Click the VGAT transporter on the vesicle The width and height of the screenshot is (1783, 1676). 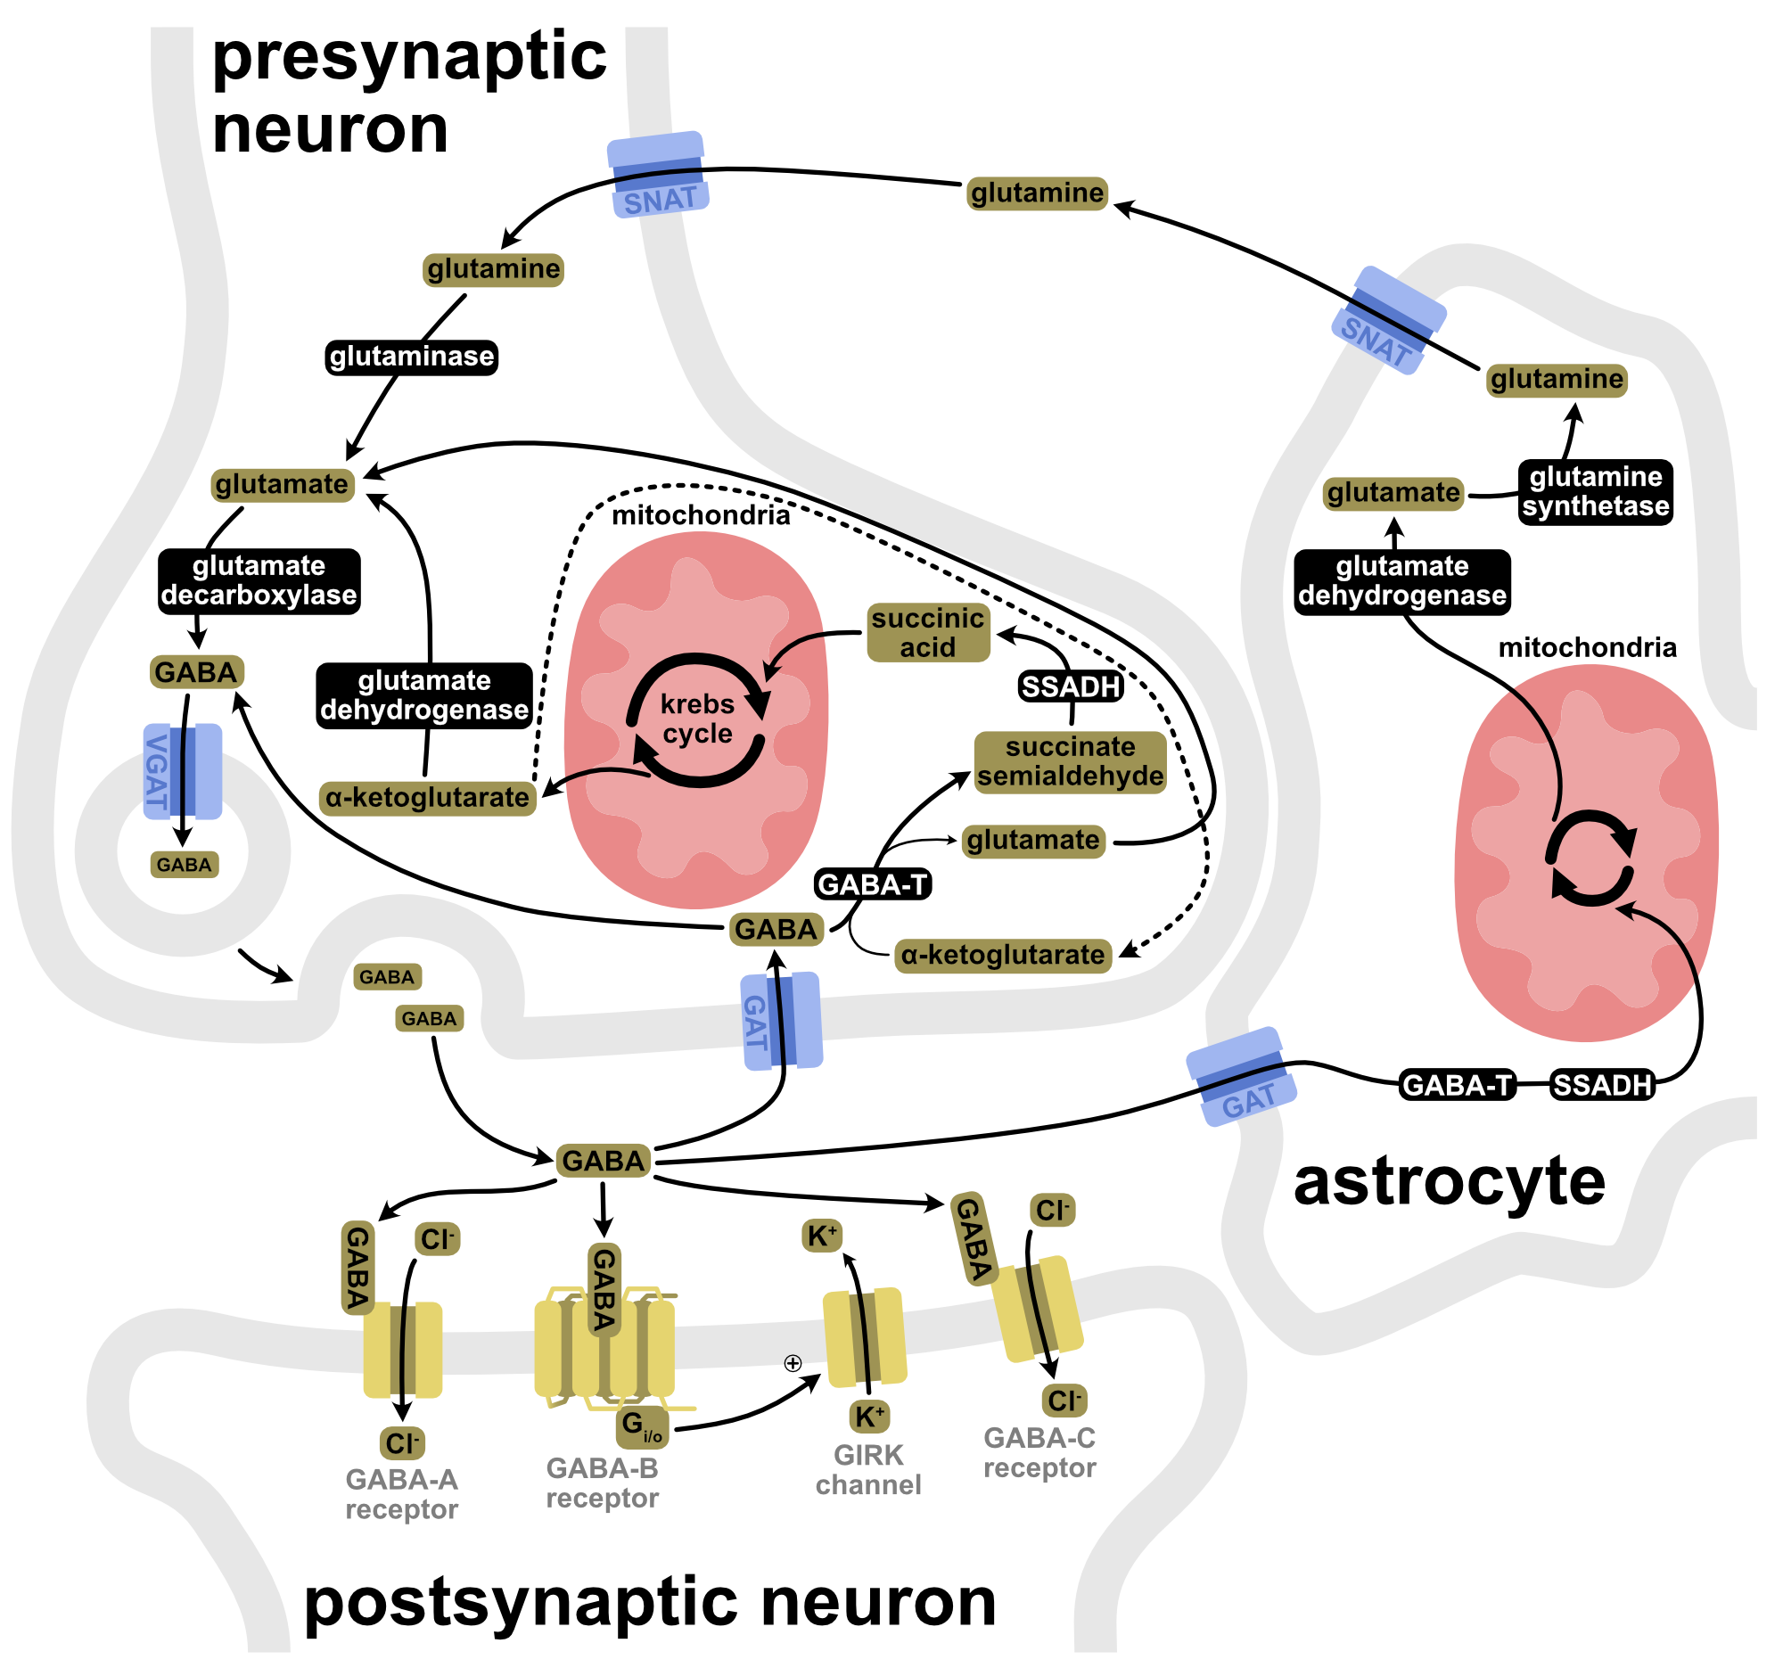183,771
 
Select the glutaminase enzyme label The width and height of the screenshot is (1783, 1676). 412,356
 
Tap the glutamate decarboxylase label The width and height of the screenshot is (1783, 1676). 259,580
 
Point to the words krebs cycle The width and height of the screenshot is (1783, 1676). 697,719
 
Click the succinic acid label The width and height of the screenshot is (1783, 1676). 928,632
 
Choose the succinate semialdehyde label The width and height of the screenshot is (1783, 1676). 1070,761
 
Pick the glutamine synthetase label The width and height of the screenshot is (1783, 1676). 1596,490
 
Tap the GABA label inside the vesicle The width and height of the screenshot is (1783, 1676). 184,865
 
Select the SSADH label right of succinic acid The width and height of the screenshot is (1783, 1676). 1071,687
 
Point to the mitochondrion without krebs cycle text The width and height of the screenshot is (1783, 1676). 1586,852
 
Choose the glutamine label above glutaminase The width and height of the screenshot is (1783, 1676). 493,269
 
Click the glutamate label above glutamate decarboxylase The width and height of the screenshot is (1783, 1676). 283,484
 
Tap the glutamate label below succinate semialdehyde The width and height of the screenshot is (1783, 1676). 1033,841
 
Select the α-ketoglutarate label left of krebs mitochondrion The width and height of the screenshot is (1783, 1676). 427,797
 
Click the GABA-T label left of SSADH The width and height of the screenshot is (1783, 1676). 1457,1085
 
